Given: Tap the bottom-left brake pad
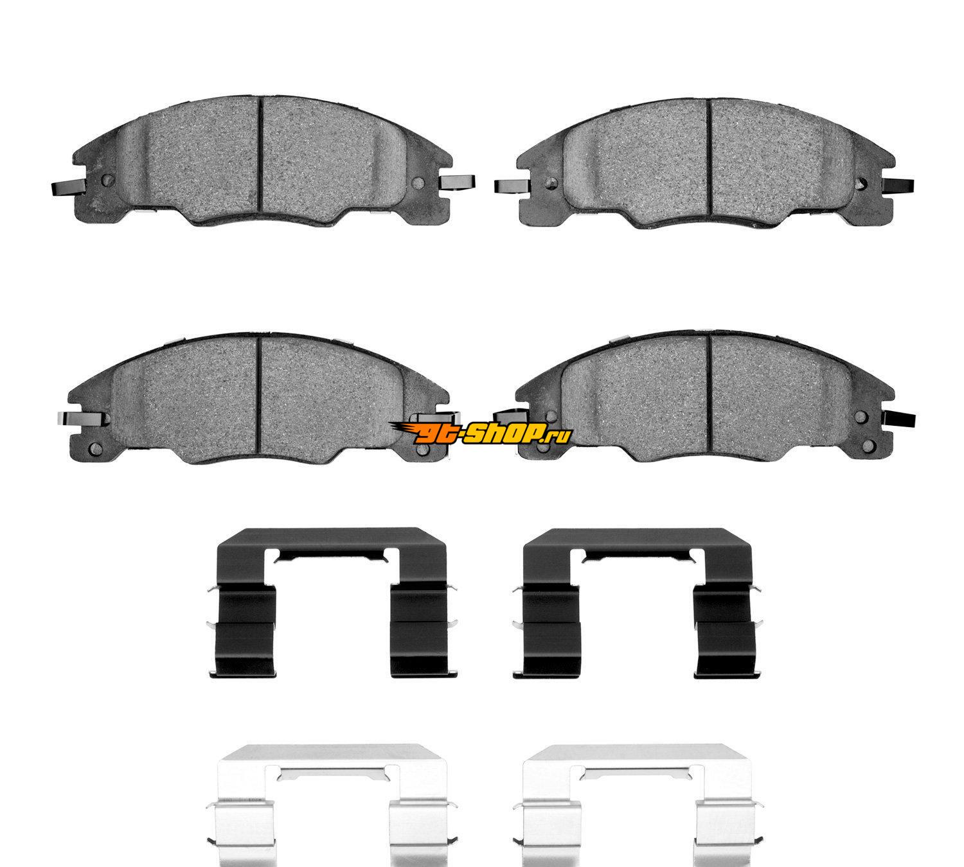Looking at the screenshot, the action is pyautogui.click(x=260, y=398).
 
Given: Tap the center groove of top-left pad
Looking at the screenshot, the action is pyautogui.click(x=261, y=162).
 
